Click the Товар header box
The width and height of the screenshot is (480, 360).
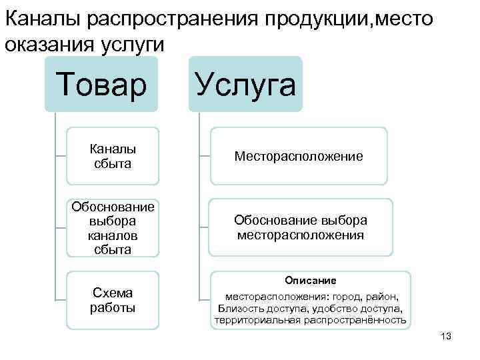point(101,85)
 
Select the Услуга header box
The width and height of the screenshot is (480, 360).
point(245,85)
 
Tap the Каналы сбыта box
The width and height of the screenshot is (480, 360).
point(113,155)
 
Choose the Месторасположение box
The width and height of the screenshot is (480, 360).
point(298,156)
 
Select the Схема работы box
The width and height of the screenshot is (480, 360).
point(113,300)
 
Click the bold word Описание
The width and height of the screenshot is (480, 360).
point(311,280)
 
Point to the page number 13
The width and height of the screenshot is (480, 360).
point(446,336)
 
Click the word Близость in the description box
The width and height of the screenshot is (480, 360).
point(237,308)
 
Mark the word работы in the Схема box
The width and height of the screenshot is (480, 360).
point(113,307)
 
